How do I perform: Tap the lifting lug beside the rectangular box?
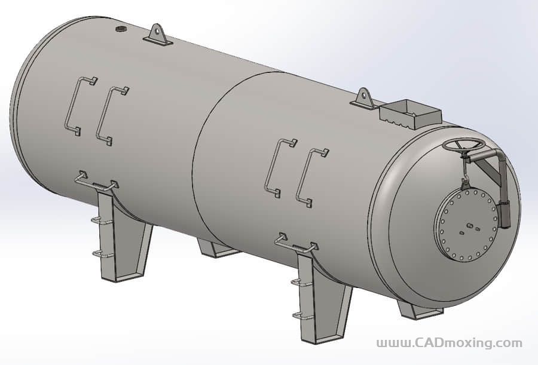tap(363, 99)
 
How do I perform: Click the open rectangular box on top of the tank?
tap(410, 113)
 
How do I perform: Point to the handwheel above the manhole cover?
tap(464, 145)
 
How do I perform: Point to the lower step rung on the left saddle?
tap(102, 254)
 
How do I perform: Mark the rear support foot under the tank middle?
tap(217, 248)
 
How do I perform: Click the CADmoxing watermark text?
tap(449, 343)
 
